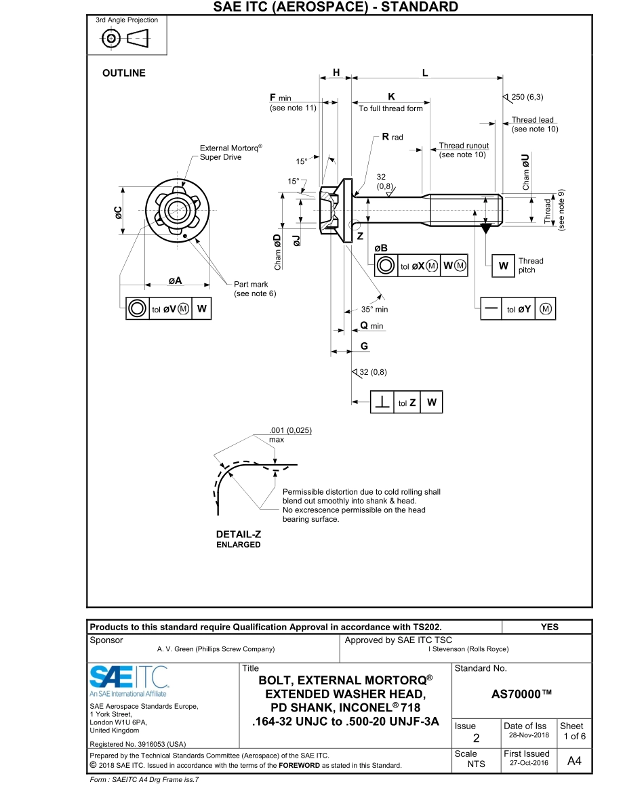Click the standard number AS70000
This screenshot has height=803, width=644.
click(x=521, y=695)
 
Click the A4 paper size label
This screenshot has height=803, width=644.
click(x=573, y=761)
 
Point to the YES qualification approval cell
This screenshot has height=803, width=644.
click(x=550, y=627)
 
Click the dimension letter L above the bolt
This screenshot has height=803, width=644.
click(x=425, y=73)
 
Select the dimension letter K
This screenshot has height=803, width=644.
click(x=391, y=97)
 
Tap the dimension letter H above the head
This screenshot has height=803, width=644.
click(x=336, y=73)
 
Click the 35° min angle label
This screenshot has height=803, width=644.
click(x=374, y=309)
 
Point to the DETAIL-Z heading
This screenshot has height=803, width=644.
click(x=239, y=534)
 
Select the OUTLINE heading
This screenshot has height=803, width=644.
click(x=123, y=73)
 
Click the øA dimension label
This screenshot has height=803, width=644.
click(x=174, y=280)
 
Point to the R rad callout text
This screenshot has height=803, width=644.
click(x=393, y=137)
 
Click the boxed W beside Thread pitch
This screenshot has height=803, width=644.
click(x=503, y=266)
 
